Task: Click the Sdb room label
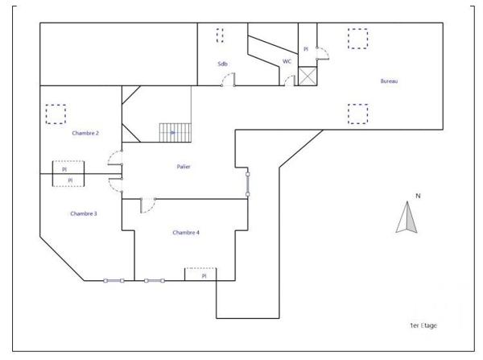tap(222, 64)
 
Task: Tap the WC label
tap(287, 61)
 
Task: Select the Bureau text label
tap(390, 81)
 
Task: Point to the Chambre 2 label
tap(85, 133)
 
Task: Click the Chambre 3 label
tap(83, 213)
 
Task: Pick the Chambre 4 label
tap(186, 232)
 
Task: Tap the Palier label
tap(184, 167)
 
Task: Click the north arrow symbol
tap(407, 218)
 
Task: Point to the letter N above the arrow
tap(418, 196)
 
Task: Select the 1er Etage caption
tap(423, 325)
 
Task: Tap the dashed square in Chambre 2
tap(56, 114)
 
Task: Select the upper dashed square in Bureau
tap(357, 39)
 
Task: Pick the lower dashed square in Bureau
tap(357, 114)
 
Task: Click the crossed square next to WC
tap(308, 77)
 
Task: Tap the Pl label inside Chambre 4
tap(204, 275)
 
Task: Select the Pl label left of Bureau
tap(306, 50)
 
